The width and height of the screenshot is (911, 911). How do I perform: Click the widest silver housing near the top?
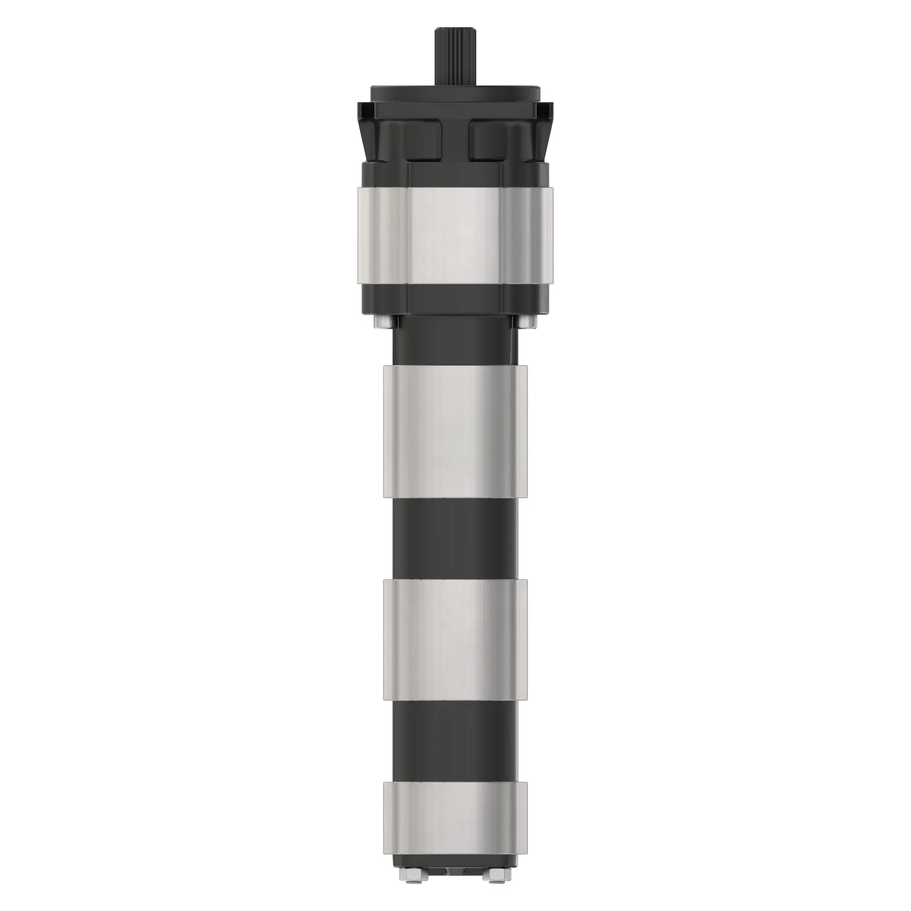tap(455, 236)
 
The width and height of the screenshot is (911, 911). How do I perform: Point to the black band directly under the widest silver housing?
tap(455, 299)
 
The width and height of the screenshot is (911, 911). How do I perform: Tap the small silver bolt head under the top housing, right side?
tap(527, 322)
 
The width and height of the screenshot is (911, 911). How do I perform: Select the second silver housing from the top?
tap(455, 431)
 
